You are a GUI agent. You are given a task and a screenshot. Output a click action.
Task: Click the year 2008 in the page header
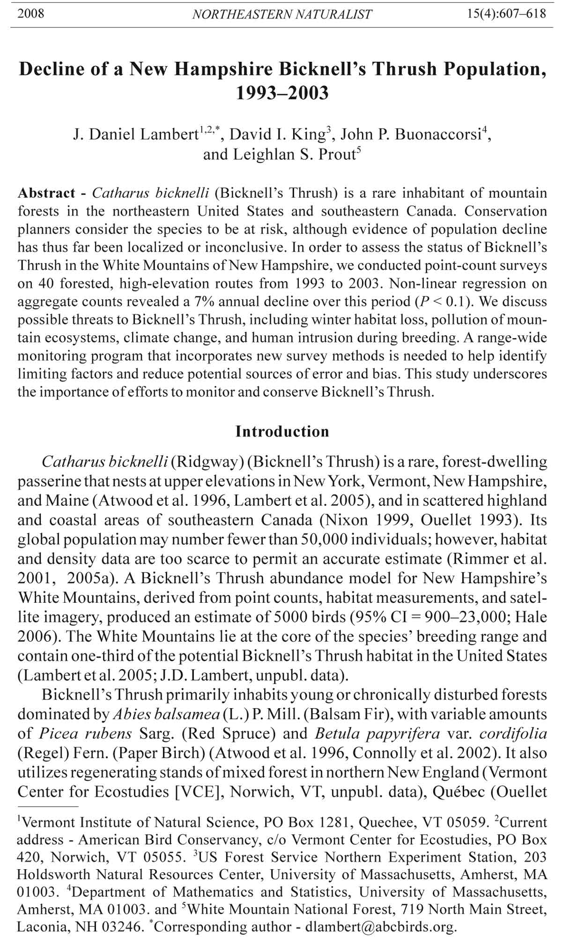pos(31,13)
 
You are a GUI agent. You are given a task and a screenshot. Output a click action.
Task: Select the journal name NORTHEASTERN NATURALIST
pos(282,14)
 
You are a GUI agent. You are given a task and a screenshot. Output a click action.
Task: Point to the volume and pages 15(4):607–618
pos(506,13)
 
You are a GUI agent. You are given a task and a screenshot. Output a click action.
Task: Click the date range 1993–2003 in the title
pos(282,93)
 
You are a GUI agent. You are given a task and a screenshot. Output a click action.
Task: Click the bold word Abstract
pos(46,193)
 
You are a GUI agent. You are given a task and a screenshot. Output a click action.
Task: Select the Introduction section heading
pos(282,431)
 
